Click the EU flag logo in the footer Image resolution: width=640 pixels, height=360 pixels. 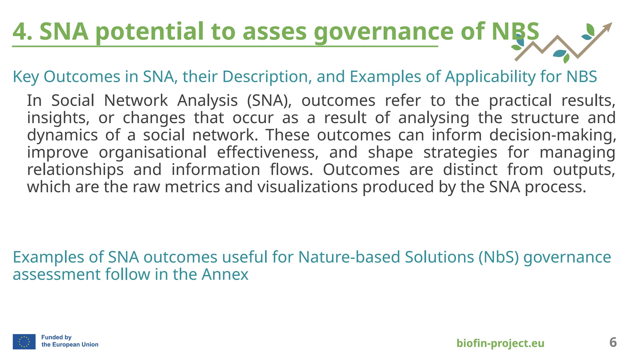(x=24, y=341)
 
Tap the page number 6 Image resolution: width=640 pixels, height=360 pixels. (x=613, y=342)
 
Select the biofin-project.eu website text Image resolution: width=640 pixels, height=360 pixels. (x=500, y=343)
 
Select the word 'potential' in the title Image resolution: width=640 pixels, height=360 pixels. (x=122, y=32)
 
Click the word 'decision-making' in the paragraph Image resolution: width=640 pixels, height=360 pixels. (x=552, y=135)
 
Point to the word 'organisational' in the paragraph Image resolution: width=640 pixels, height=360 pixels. (x=152, y=152)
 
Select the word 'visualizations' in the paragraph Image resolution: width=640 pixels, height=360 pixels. (x=307, y=187)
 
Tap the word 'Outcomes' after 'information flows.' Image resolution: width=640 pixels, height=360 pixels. (x=361, y=170)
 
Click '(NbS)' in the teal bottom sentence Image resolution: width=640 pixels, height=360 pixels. (x=498, y=257)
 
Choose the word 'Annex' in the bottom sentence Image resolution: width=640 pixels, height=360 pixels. (x=225, y=274)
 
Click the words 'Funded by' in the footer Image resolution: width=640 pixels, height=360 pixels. (x=56, y=337)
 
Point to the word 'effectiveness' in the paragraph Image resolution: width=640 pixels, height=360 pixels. (x=267, y=152)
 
